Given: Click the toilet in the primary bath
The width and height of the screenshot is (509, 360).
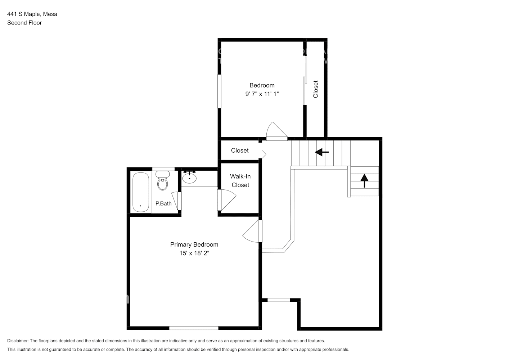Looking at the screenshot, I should click(163, 181).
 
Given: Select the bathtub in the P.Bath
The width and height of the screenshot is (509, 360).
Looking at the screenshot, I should click(140, 192).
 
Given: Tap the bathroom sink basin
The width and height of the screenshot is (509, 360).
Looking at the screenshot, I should click(189, 177).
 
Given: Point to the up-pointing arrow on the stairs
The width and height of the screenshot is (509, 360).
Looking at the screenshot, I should click(364, 180).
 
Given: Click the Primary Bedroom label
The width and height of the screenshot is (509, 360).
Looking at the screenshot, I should click(194, 244).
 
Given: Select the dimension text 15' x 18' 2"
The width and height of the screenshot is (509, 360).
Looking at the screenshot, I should click(194, 253).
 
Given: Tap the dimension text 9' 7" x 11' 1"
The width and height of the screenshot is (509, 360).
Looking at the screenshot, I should click(262, 94).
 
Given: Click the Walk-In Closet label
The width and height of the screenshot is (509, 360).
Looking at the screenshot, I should click(240, 181).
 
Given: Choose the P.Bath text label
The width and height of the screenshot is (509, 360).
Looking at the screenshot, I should click(163, 203).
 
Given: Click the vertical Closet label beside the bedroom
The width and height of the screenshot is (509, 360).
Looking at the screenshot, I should click(316, 89).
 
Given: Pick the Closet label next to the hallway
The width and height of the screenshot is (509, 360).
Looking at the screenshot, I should click(240, 150).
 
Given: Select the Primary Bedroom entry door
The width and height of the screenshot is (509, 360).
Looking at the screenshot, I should click(252, 232).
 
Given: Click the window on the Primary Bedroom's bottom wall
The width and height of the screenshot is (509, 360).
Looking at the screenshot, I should click(194, 328).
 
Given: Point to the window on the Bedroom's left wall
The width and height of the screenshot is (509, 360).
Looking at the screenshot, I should click(219, 91).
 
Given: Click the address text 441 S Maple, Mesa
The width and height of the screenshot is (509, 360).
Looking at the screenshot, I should click(32, 14).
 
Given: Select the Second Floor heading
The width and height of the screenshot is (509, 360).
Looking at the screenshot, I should click(24, 23).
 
